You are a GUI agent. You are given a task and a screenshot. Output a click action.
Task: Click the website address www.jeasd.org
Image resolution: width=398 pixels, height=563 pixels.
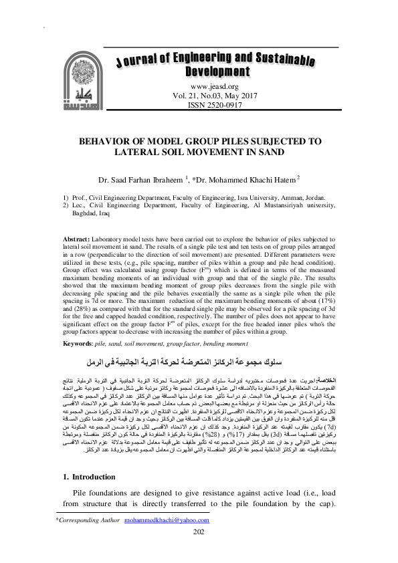pyautogui.click(x=215, y=87)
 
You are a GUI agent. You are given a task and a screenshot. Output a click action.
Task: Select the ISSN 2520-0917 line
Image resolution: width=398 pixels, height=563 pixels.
pyautogui.click(x=215, y=106)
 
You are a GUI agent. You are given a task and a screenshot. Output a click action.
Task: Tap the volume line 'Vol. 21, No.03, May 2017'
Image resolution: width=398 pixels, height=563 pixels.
pyautogui.click(x=215, y=96)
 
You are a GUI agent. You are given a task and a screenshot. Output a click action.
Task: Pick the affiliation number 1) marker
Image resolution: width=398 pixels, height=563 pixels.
pyautogui.click(x=66, y=199)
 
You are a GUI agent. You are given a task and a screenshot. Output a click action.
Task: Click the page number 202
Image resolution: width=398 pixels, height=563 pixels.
pyautogui.click(x=198, y=550)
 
